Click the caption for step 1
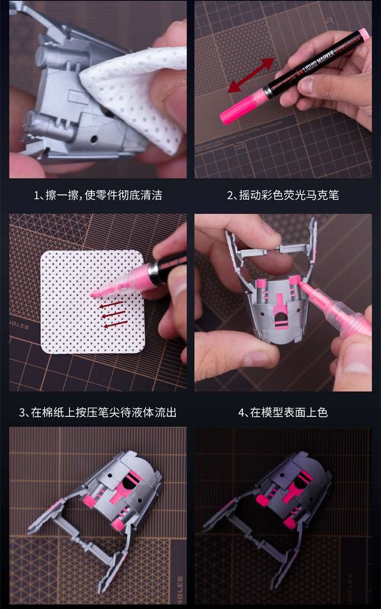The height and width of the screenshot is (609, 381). [98, 195]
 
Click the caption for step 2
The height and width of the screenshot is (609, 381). [283, 195]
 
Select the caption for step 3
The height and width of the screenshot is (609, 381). [98, 412]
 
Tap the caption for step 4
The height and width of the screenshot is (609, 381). [283, 412]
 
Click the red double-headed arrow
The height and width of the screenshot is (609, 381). [251, 75]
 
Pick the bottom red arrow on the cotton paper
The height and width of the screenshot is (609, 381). [115, 324]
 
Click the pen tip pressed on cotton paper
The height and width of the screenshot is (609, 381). [95, 293]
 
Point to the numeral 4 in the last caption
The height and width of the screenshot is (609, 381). [241, 412]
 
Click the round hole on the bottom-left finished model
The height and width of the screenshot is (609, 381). [130, 482]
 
